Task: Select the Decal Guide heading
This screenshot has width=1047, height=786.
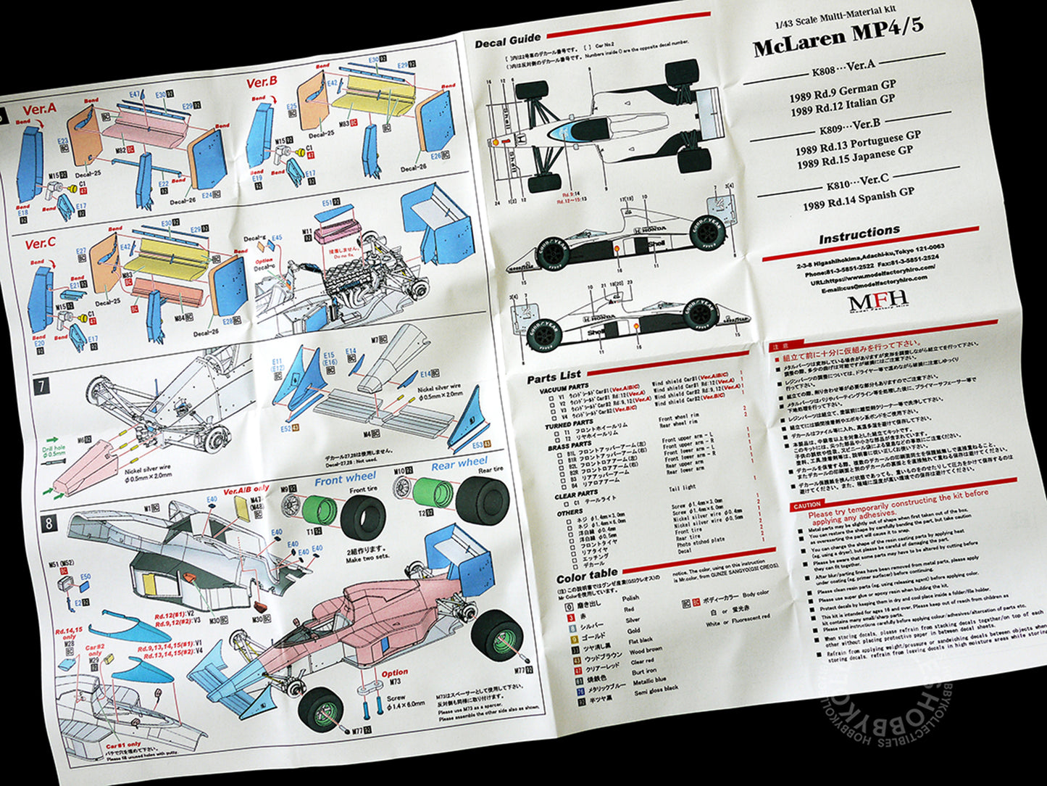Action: pyautogui.click(x=508, y=42)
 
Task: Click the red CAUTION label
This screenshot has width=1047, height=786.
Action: pyautogui.click(x=806, y=505)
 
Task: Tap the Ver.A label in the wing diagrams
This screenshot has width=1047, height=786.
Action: pyautogui.click(x=39, y=109)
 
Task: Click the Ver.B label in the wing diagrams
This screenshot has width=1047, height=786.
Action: pyautogui.click(x=262, y=83)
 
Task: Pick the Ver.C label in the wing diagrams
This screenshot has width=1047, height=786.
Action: pyautogui.click(x=40, y=244)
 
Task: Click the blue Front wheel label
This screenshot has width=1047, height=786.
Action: pyautogui.click(x=345, y=479)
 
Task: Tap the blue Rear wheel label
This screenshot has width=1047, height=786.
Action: pyautogui.click(x=459, y=463)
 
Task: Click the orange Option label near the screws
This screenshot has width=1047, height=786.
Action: pyautogui.click(x=395, y=673)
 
